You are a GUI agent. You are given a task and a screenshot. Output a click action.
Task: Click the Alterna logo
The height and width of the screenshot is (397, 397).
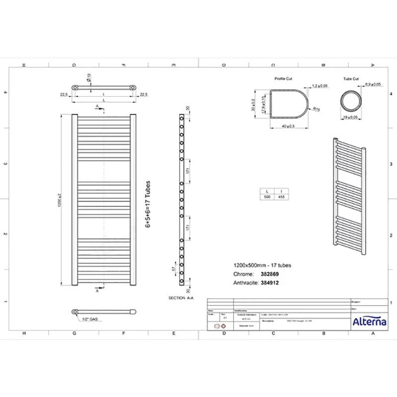369,322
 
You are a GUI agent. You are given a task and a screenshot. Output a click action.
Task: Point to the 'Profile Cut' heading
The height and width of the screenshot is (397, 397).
283,79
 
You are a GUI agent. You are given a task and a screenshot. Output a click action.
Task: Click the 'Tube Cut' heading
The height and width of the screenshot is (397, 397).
351,79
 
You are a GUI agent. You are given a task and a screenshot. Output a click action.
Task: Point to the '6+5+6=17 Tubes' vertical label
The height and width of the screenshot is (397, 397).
147,204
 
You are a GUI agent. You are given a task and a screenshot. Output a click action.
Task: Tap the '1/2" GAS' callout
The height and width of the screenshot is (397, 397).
93,319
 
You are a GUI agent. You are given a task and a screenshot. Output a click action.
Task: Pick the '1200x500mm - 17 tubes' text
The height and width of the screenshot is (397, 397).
262,265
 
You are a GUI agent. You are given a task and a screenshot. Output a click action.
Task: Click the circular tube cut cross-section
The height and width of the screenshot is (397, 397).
351,100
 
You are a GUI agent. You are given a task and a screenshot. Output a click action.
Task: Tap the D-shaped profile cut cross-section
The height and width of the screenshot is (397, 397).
288,104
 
